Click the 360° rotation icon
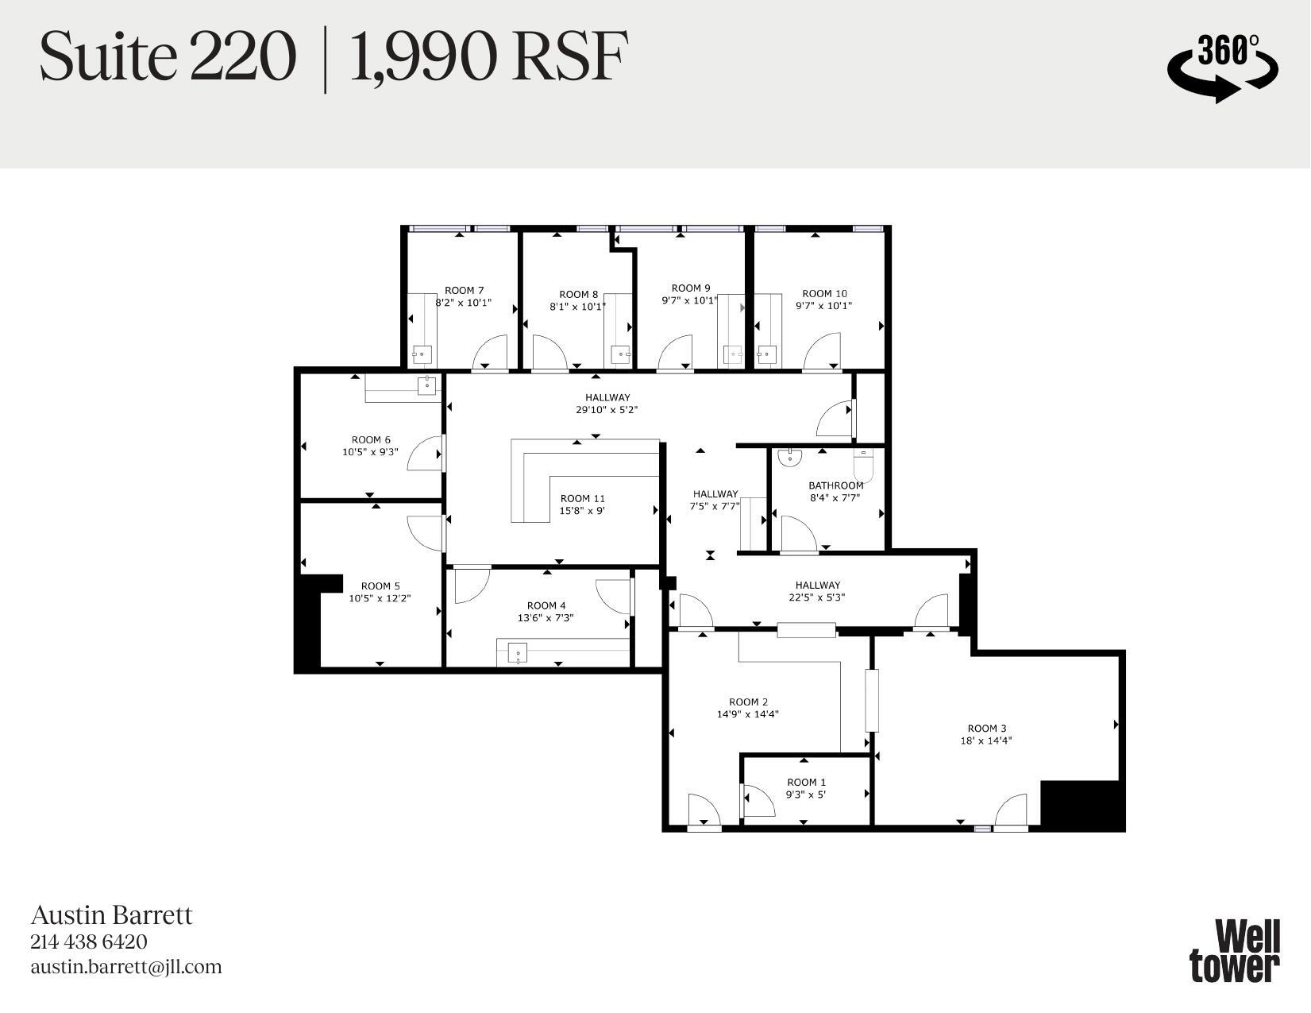click(1222, 67)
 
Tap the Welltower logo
click(1235, 950)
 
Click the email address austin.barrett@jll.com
click(126, 967)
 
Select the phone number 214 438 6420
click(89, 941)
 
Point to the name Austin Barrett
click(111, 915)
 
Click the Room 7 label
click(464, 291)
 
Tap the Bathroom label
click(835, 485)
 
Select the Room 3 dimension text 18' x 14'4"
click(986, 740)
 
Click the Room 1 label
click(806, 782)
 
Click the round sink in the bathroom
click(790, 457)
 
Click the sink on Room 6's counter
click(427, 386)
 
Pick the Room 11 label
click(582, 498)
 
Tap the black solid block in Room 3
click(1082, 805)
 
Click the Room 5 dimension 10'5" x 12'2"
click(380, 598)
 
